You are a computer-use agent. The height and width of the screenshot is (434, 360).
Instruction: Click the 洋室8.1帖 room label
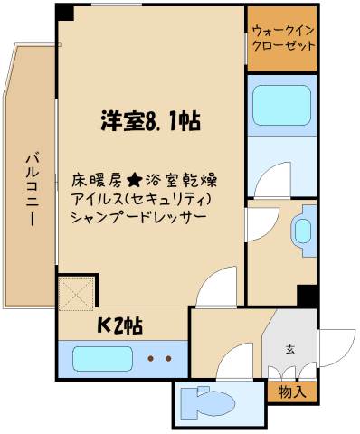(149, 119)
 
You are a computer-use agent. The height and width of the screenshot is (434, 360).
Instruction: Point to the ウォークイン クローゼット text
(282, 38)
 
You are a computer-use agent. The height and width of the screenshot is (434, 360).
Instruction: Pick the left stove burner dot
(150, 359)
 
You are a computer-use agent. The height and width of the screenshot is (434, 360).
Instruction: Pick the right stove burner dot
(167, 359)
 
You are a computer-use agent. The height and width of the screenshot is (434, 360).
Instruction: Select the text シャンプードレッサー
(137, 218)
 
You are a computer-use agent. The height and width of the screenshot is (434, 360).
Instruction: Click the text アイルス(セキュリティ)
(141, 199)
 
